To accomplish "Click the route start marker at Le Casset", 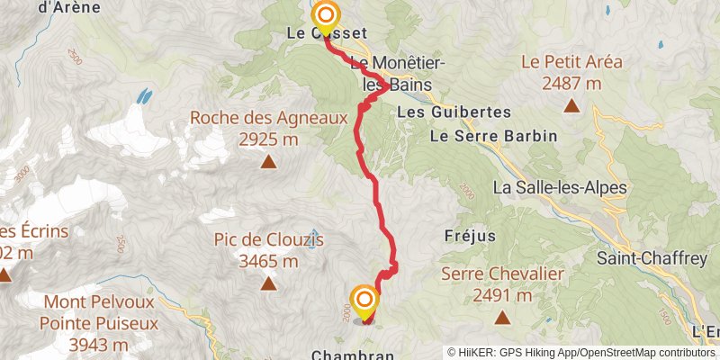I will (x=326, y=16).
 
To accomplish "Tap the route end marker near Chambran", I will (x=364, y=301).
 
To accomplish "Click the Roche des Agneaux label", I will (x=268, y=117).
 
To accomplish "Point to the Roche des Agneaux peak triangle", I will (x=268, y=162).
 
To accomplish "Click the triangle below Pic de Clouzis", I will (x=268, y=284).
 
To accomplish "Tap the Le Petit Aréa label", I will (x=571, y=63).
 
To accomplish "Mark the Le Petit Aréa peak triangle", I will (x=571, y=107).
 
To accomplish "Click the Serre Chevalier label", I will (x=502, y=274).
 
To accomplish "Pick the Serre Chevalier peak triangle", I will (x=502, y=318).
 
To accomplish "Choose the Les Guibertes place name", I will (x=454, y=112).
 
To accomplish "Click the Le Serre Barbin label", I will (x=493, y=136).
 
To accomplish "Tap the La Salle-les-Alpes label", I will (x=559, y=188).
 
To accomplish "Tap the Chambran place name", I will (x=353, y=355).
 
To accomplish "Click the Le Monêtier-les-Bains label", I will (x=391, y=74).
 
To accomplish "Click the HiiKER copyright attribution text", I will (x=581, y=353).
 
